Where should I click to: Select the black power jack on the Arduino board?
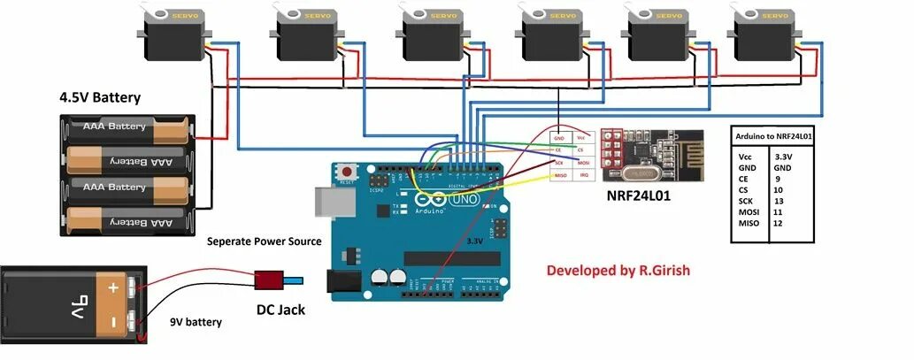(342, 281)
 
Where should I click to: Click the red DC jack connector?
(269, 280)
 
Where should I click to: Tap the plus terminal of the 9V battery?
(113, 287)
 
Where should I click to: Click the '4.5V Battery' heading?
(100, 97)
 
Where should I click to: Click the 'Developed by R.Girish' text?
(618, 270)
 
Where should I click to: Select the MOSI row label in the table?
(749, 212)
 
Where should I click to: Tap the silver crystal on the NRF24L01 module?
(641, 173)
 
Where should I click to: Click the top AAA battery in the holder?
(127, 129)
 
